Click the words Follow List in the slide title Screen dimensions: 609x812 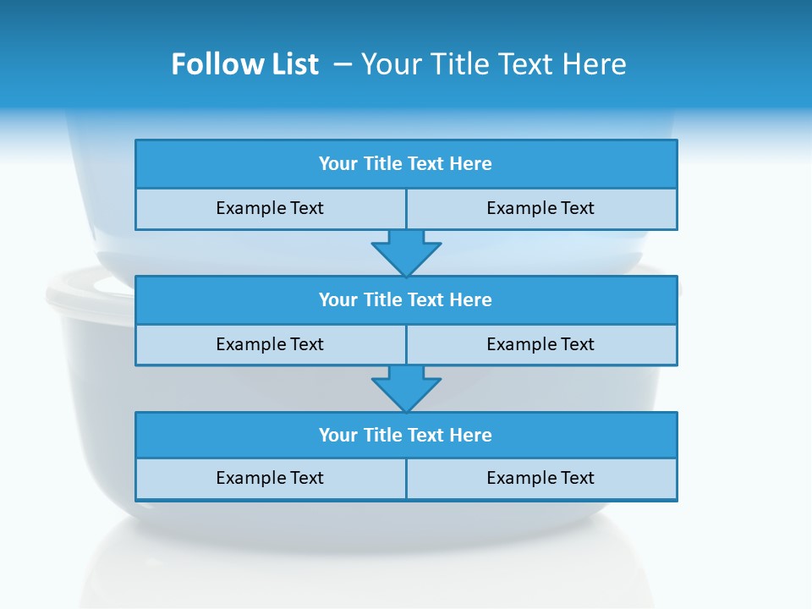click(x=244, y=64)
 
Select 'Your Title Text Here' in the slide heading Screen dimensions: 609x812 click(x=493, y=64)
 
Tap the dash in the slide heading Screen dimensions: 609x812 click(x=343, y=64)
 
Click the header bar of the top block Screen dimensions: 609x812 click(x=406, y=164)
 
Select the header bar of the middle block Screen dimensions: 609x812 click(x=406, y=300)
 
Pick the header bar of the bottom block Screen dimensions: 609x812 click(x=406, y=436)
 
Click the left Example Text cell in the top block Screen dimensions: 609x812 click(x=271, y=208)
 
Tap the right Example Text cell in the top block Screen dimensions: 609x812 click(x=541, y=208)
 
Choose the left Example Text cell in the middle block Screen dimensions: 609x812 click(x=271, y=344)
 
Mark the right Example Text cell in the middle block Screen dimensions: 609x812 click(x=541, y=344)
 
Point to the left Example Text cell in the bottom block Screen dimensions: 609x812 click(x=271, y=478)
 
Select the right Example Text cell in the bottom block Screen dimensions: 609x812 click(x=541, y=478)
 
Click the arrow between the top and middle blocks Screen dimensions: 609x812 click(x=406, y=253)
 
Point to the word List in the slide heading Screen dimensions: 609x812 click(x=295, y=64)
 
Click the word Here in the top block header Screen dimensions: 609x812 click(x=471, y=164)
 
